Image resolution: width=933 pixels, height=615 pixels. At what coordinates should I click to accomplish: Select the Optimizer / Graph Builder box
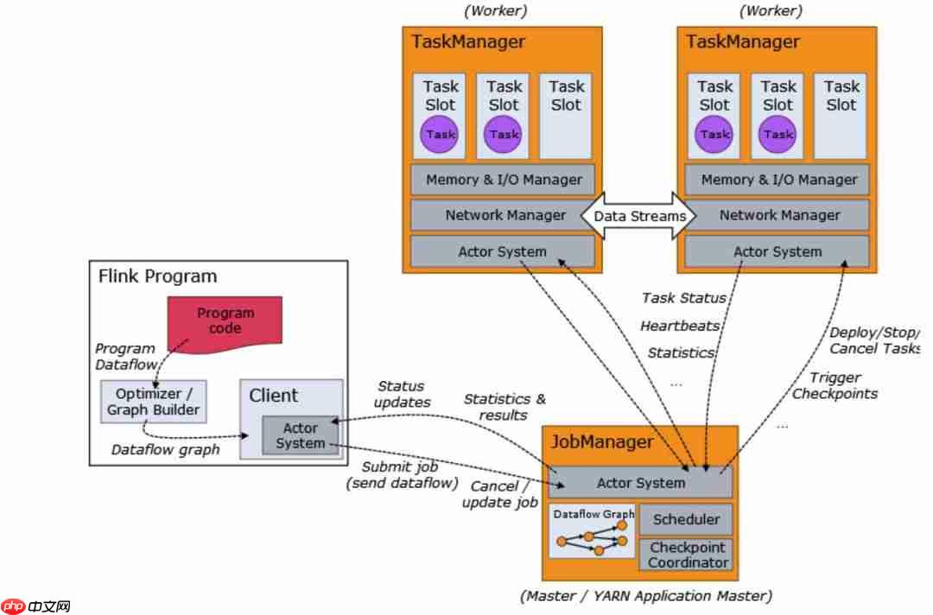click(154, 401)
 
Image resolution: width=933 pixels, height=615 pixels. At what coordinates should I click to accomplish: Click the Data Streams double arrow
click(639, 216)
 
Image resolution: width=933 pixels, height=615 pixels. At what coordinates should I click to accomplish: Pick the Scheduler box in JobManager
click(686, 519)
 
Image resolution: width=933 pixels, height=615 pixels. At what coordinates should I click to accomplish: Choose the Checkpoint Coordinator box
click(688, 555)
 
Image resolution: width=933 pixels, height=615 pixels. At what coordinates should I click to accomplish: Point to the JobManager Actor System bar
click(641, 483)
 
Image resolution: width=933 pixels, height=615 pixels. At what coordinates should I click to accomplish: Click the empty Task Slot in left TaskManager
click(567, 116)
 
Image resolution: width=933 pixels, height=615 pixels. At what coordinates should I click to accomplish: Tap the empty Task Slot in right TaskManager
click(841, 116)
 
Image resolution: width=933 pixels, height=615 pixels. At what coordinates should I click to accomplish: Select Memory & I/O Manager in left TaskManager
click(504, 180)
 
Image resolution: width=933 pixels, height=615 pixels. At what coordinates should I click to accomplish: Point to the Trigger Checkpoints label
click(835, 385)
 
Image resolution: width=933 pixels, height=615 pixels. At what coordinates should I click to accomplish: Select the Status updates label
click(402, 394)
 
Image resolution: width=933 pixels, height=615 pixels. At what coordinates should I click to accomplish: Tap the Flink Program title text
click(158, 276)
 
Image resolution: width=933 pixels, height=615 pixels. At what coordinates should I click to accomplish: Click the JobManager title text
click(603, 442)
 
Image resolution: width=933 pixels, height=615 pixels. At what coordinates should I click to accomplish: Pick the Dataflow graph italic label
click(166, 449)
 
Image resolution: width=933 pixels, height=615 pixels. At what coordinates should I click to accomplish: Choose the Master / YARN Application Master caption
click(646, 595)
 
